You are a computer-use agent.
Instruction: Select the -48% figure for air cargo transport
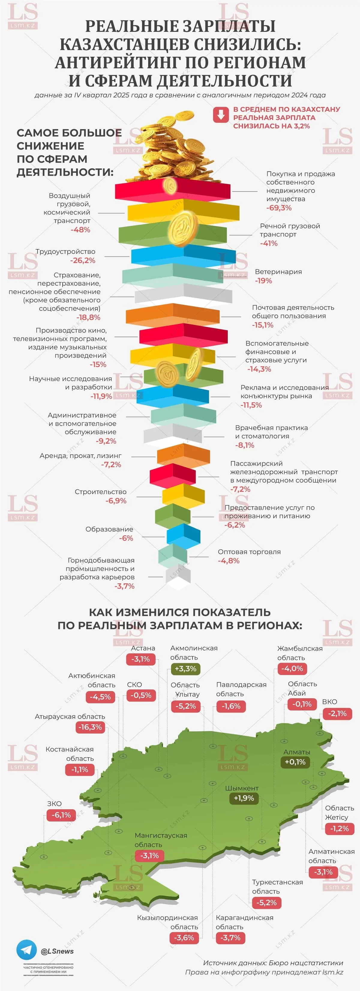(x=80, y=230)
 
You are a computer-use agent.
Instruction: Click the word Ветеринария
(x=278, y=272)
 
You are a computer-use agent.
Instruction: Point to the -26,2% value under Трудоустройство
(x=83, y=260)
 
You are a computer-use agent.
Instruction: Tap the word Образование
(x=109, y=529)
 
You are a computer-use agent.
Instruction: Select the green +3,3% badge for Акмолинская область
(x=185, y=669)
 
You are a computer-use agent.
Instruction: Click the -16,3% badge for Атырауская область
(x=90, y=727)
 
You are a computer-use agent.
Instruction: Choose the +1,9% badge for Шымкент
(x=244, y=798)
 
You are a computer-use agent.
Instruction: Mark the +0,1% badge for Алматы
(x=295, y=762)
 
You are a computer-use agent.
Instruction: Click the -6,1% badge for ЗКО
(x=61, y=815)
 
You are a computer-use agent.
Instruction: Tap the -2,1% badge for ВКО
(x=337, y=714)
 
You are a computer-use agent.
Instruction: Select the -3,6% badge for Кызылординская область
(x=184, y=938)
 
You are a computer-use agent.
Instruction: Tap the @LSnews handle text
(x=57, y=951)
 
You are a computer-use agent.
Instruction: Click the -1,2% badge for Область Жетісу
(x=339, y=829)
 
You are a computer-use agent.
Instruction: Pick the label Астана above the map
(x=143, y=648)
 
